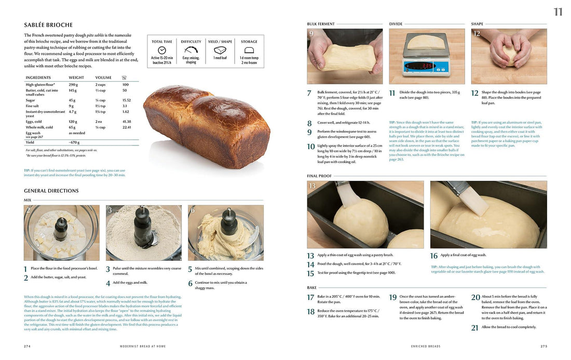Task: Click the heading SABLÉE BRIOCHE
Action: pos(48,25)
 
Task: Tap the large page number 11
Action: pos(558,12)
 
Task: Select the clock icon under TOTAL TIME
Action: pos(161,50)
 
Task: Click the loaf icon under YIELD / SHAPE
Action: pos(220,50)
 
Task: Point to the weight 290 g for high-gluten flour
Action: pos(73,84)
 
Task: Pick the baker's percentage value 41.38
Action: pos(126,121)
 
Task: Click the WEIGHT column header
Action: pos(76,77)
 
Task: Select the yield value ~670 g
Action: pos(74,142)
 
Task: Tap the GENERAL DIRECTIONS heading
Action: pos(51,191)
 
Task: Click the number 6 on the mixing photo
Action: pos(192,210)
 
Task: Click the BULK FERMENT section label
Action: pos(321,24)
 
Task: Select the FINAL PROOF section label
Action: pos(319,176)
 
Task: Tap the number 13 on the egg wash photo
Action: pos(312,186)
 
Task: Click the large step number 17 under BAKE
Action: pos(310,298)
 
